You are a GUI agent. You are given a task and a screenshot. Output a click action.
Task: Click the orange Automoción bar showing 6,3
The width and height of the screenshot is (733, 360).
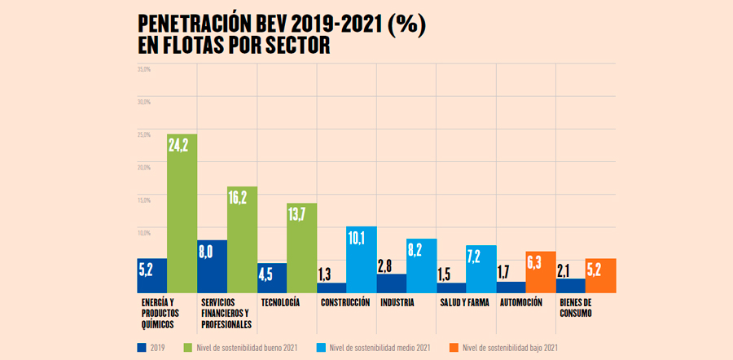coord(541,272)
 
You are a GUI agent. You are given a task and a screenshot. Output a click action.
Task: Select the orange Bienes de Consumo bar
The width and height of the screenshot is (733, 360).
coord(601,276)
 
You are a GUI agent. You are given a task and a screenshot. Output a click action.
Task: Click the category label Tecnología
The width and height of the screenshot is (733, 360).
coord(280,303)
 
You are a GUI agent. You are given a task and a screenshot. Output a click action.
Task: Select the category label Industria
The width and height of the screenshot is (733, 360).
coord(398,303)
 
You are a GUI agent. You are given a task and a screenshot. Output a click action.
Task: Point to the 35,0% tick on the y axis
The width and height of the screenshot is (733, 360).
coord(144,68)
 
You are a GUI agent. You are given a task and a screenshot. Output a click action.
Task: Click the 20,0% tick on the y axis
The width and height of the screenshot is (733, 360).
coord(144,166)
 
